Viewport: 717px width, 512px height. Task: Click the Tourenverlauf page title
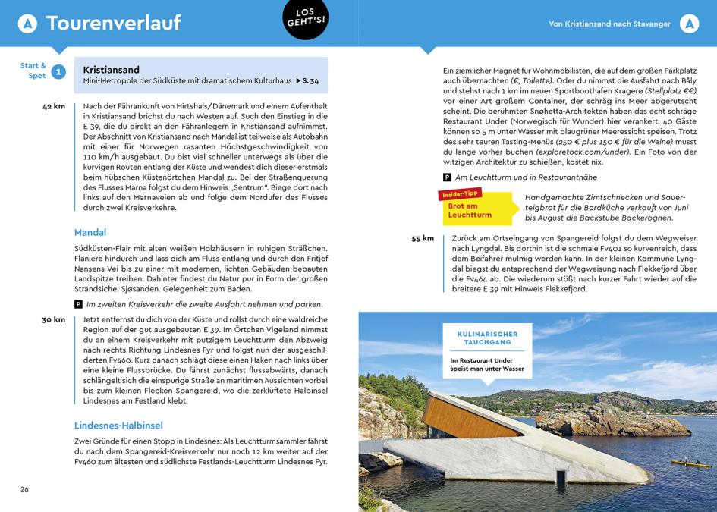tap(113, 24)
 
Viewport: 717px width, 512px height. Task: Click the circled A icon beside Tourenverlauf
tap(27, 24)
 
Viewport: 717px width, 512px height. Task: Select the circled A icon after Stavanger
tap(689, 24)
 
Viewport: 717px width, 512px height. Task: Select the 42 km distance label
tap(54, 106)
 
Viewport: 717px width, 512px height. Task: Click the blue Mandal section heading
tap(90, 232)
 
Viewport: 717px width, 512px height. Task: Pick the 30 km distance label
tap(54, 319)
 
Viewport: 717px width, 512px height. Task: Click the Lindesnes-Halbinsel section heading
tap(118, 426)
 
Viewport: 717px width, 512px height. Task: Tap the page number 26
tap(24, 489)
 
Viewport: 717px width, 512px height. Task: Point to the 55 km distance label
tap(423, 238)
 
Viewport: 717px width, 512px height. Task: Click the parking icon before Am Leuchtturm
tap(448, 177)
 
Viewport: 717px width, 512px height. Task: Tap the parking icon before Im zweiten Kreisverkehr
tap(78, 304)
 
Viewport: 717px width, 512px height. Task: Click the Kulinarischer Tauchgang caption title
tap(488, 338)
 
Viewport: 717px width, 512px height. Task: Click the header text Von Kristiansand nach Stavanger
tap(609, 24)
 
